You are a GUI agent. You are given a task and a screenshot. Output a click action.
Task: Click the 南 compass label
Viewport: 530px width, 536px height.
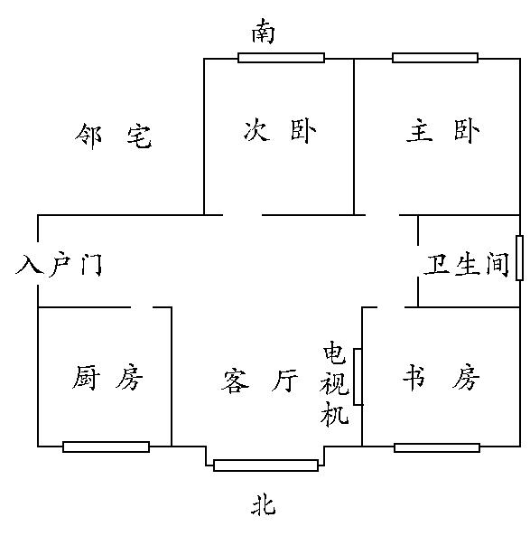coord(263,32)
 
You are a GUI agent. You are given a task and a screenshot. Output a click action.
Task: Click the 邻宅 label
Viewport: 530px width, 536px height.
coord(113,136)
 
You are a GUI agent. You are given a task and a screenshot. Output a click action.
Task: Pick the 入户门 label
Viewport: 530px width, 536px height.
coord(59,264)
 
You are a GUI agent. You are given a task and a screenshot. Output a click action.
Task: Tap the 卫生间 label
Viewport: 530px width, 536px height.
coord(467,264)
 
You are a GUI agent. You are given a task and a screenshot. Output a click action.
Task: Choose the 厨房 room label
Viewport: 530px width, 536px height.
coord(107,378)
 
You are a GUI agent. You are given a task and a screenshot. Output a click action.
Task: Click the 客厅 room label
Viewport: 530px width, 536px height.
coord(259,380)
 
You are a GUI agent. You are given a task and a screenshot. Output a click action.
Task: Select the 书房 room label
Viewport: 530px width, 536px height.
coord(441,377)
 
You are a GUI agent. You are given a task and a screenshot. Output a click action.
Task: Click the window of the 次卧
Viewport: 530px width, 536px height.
coord(281,58)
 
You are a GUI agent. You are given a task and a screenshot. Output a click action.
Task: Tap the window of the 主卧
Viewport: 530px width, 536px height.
coord(435,58)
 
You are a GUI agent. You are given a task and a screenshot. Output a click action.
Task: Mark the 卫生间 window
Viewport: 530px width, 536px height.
coord(519,258)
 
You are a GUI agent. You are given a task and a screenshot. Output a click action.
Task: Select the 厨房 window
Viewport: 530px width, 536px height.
coord(107,447)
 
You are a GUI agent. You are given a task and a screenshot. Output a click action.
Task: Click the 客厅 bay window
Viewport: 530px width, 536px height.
coord(265,465)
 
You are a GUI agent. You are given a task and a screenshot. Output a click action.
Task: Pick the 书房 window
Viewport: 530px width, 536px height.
coord(437,447)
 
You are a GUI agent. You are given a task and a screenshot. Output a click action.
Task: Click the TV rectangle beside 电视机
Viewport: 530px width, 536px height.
coord(358,377)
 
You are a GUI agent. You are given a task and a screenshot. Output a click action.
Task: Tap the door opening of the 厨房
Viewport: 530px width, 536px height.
coord(142,307)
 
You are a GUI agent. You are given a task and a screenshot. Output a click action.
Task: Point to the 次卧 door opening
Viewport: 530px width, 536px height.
coord(243,215)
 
